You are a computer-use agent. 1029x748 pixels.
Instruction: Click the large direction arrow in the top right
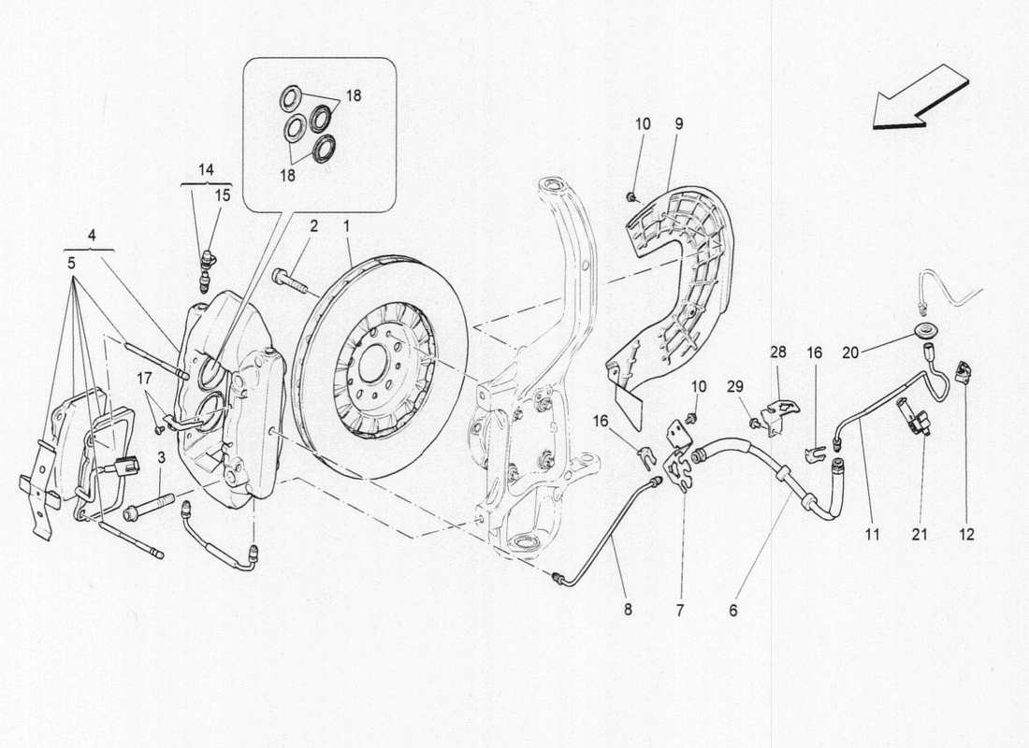(x=920, y=96)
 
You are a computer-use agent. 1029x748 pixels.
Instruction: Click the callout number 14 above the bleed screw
(x=205, y=169)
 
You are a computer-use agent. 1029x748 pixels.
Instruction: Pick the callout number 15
(x=222, y=194)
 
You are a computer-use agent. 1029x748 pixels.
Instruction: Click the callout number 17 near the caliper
(x=143, y=378)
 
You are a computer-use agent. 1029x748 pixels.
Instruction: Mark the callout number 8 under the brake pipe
(x=628, y=610)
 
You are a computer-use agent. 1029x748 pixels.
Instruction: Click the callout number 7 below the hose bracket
(x=680, y=610)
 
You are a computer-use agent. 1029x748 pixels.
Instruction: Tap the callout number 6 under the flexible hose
(x=733, y=610)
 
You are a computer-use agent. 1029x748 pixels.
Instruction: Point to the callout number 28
(x=778, y=352)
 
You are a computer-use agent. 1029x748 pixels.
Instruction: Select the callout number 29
(x=734, y=386)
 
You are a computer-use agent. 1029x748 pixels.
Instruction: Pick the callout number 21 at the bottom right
(x=920, y=535)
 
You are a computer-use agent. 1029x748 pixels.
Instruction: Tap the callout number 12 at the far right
(x=966, y=535)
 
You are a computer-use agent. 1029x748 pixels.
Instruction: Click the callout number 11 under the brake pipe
(x=872, y=535)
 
